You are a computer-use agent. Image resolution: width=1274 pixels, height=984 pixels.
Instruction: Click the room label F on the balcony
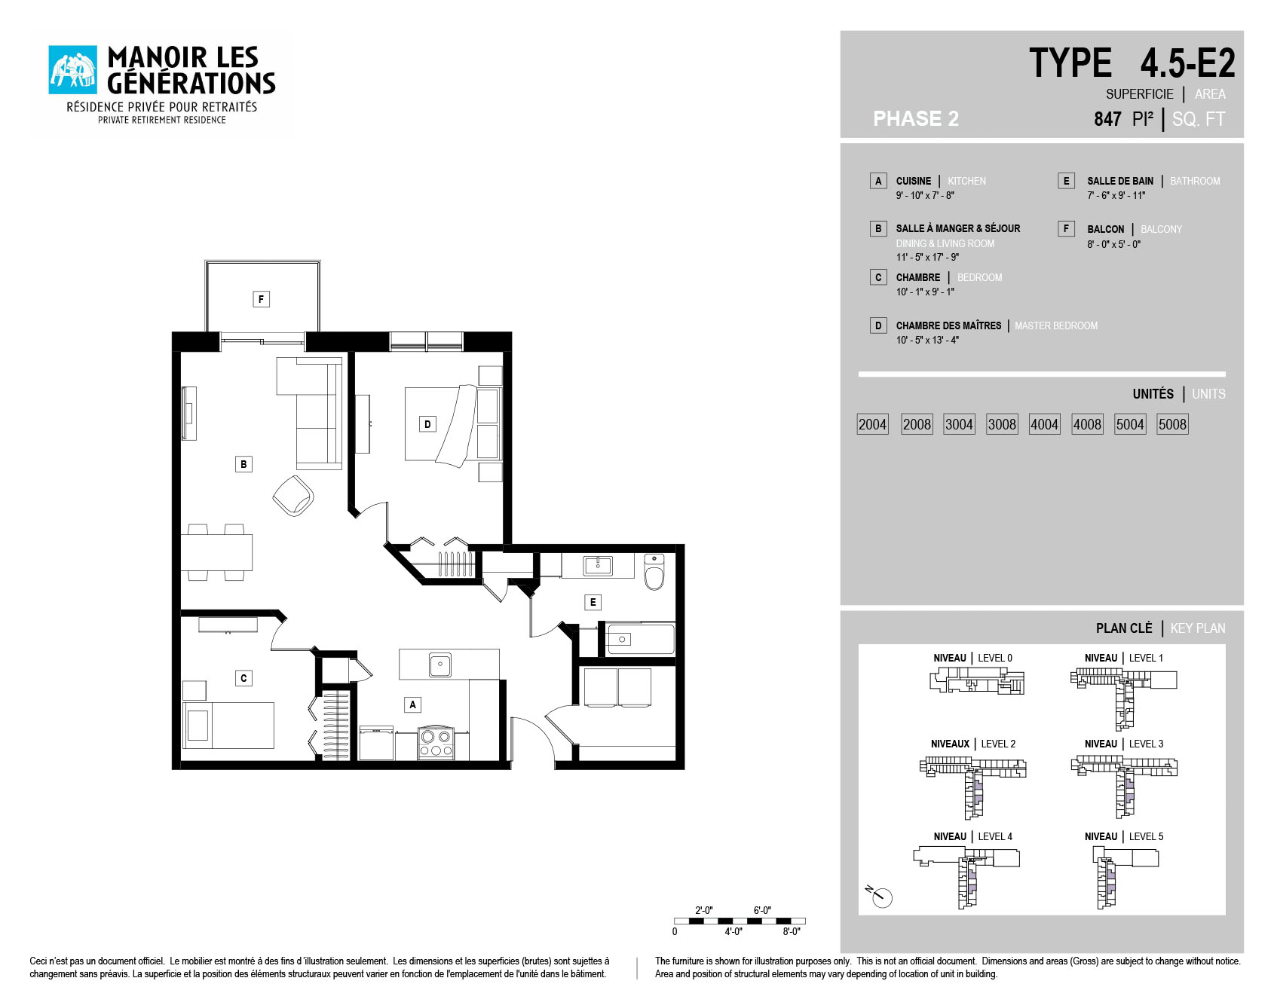pyautogui.click(x=261, y=299)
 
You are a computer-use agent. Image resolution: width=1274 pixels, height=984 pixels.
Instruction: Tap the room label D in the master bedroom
pyautogui.click(x=427, y=424)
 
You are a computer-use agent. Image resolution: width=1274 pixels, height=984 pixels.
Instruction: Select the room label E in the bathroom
pyautogui.click(x=593, y=602)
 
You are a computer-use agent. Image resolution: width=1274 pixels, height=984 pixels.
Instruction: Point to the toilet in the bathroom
pyautogui.click(x=654, y=573)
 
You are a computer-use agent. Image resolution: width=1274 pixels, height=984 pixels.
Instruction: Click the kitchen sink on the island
pyautogui.click(x=440, y=665)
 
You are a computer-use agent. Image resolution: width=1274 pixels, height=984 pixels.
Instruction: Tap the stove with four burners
pyautogui.click(x=436, y=743)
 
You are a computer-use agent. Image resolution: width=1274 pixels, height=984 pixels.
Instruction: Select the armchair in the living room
pyautogui.click(x=293, y=495)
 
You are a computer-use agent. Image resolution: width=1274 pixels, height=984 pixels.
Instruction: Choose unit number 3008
pyautogui.click(x=1002, y=424)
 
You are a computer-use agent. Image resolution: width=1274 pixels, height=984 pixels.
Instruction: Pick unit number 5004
pyautogui.click(x=1130, y=424)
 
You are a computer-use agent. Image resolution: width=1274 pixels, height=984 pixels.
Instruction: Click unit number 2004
pyautogui.click(x=872, y=424)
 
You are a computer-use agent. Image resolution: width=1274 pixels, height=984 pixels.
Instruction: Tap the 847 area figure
pyautogui.click(x=1107, y=119)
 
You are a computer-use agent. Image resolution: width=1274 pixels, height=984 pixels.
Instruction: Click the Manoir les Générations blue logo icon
pyautogui.click(x=73, y=70)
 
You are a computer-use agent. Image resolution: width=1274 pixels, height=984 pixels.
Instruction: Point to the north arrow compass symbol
pyautogui.click(x=880, y=896)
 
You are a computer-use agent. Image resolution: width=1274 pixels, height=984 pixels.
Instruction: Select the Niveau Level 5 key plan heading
pyautogui.click(x=1123, y=836)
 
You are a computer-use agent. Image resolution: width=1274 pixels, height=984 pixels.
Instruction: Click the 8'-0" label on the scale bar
pyautogui.click(x=791, y=932)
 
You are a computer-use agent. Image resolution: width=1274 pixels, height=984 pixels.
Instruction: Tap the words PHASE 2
pyautogui.click(x=916, y=119)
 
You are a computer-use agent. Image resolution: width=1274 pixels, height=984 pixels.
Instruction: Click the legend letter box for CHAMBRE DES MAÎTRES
pyautogui.click(x=878, y=325)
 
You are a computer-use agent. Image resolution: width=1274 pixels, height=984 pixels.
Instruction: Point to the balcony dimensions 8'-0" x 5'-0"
pyautogui.click(x=1113, y=244)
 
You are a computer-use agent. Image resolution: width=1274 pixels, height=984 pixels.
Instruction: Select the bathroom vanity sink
pyautogui.click(x=598, y=565)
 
